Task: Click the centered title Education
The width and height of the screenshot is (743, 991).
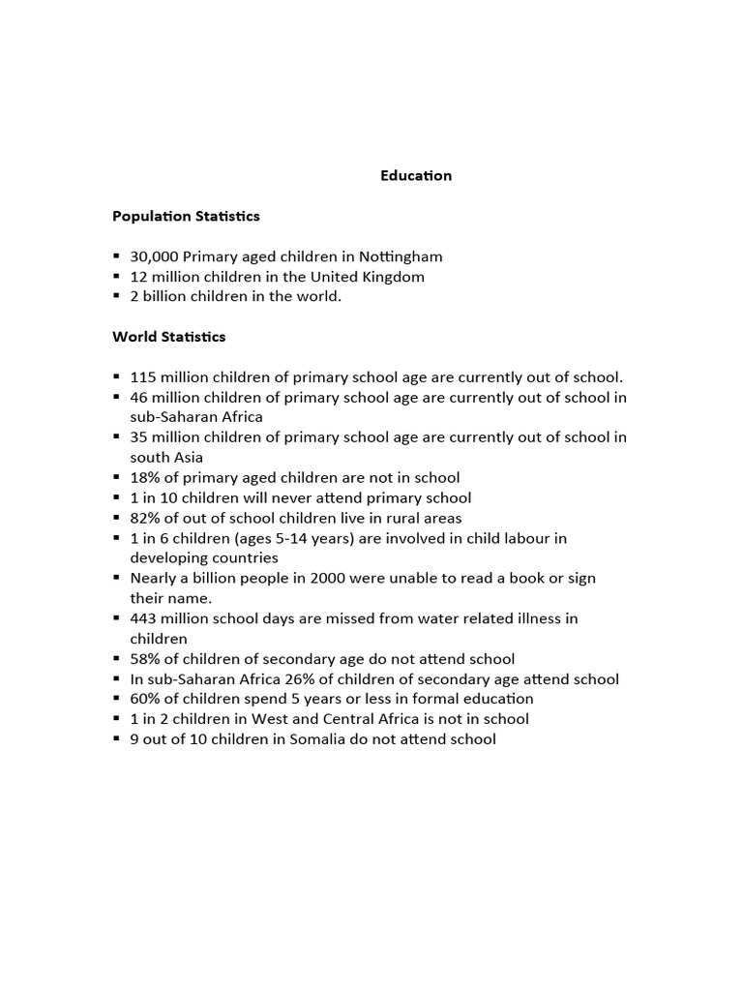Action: (x=415, y=176)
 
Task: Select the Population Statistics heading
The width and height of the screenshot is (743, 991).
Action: (x=186, y=216)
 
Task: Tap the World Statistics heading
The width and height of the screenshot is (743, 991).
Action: (x=169, y=337)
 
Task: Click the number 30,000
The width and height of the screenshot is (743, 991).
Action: (x=154, y=256)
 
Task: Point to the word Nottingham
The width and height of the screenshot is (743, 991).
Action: (x=401, y=256)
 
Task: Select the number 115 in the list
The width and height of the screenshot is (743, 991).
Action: (x=142, y=377)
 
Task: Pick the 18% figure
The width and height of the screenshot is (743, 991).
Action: (x=144, y=477)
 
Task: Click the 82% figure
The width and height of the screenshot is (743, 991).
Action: (x=144, y=518)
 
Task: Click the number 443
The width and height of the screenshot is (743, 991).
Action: (x=143, y=618)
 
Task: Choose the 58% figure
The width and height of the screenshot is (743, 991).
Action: (x=144, y=659)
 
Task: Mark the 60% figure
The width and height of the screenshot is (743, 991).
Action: (x=144, y=699)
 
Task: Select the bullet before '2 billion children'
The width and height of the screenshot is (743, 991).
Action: (x=116, y=296)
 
